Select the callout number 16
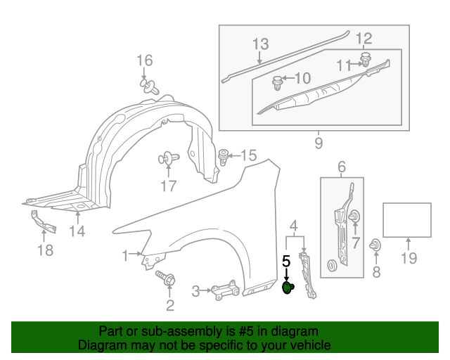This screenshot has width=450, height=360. (x=144, y=60)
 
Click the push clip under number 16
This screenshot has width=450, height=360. (x=148, y=86)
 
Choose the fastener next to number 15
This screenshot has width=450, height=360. (x=224, y=156)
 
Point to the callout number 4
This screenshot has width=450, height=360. (x=295, y=226)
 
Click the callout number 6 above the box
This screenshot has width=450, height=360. (x=342, y=167)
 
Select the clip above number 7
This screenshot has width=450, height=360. (x=355, y=216)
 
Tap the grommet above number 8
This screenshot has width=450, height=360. (x=377, y=245)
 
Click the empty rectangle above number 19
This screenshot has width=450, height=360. (x=407, y=219)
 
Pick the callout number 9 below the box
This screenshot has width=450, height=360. (x=318, y=144)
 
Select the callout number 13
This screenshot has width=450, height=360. (x=260, y=44)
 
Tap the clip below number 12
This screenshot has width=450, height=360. (x=366, y=58)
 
